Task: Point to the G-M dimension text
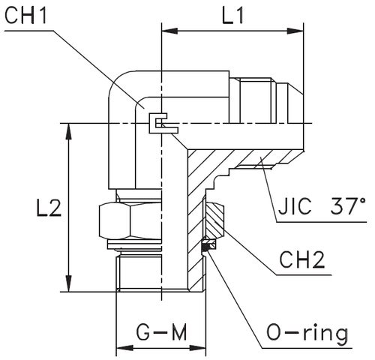(160, 331)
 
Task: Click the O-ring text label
(310, 331)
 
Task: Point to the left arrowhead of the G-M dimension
(121, 347)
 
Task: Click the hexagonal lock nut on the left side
(128, 219)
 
